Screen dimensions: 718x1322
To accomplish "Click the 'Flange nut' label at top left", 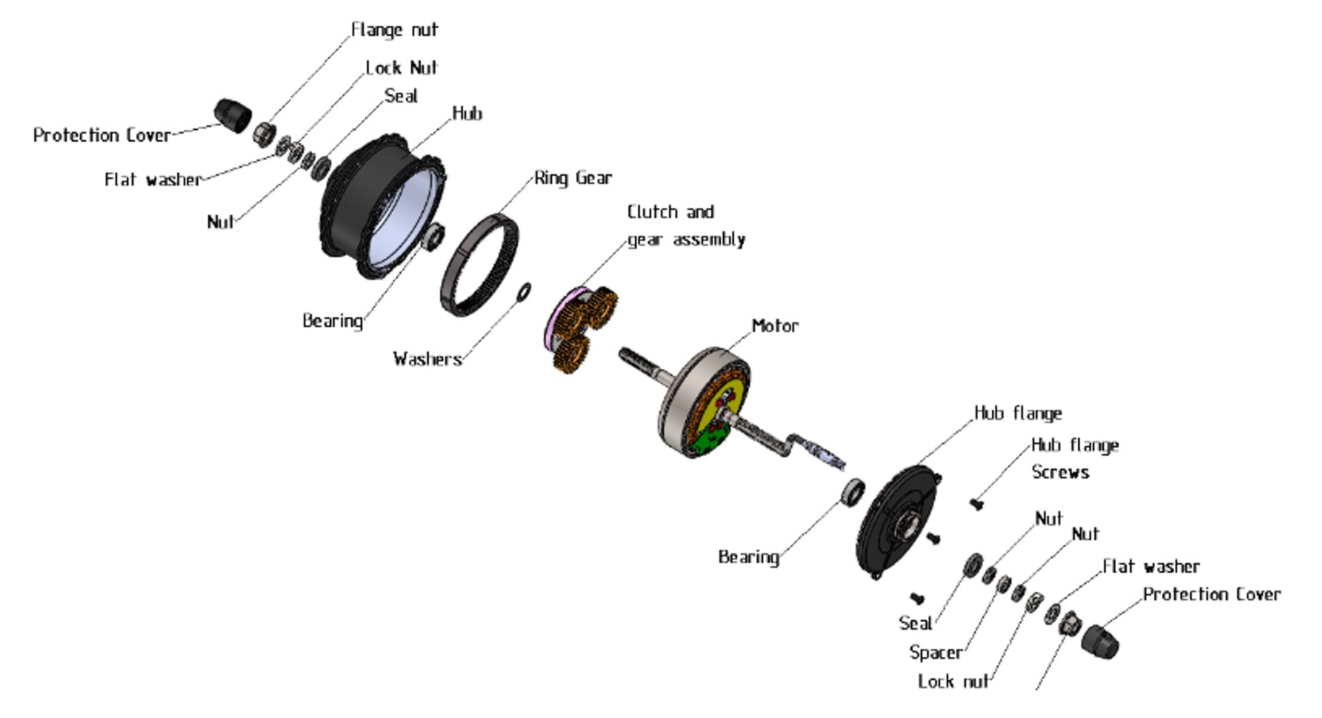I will click(x=394, y=30).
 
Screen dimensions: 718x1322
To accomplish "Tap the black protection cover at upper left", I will click(x=232, y=115).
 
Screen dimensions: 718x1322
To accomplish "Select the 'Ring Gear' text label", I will click(x=573, y=178).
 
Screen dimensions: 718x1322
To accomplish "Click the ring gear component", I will click(x=478, y=265).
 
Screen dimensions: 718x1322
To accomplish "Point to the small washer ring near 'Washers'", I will click(x=524, y=292).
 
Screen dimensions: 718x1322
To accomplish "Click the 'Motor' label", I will click(x=775, y=326).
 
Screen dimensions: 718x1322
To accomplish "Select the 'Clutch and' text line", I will click(x=670, y=212).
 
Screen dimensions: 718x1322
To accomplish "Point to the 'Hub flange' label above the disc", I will click(x=1018, y=413).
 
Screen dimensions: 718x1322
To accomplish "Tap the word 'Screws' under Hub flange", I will click(x=1060, y=473).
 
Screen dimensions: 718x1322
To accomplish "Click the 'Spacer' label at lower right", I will click(x=936, y=653).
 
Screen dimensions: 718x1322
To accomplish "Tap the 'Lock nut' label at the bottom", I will click(x=953, y=682).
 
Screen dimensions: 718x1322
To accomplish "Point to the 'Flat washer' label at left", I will click(x=152, y=180).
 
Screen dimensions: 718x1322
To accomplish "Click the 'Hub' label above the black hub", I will click(x=467, y=114).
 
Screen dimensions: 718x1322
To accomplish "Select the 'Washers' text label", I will click(x=427, y=359).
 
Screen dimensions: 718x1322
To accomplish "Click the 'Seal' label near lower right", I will click(x=916, y=623).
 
